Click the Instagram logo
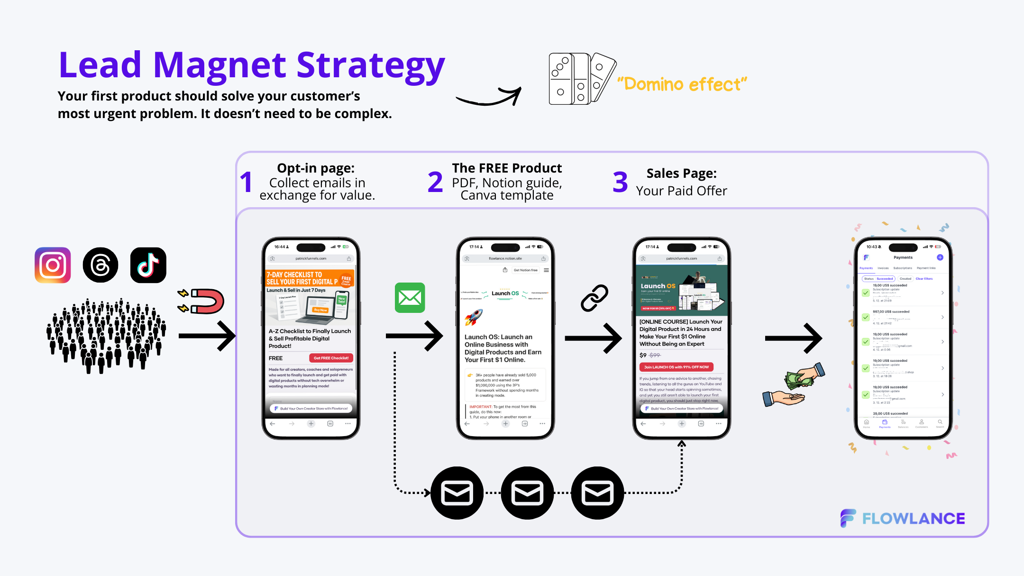[x=53, y=265]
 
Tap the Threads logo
[x=101, y=265]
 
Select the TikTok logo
[x=148, y=265]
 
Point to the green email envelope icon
[x=410, y=298]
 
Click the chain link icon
[x=594, y=298]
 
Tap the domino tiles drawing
[x=581, y=79]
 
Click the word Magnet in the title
[x=219, y=65]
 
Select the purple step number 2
[x=435, y=183]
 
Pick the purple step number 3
[x=620, y=183]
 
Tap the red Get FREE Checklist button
[x=331, y=358]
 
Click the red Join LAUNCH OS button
[x=676, y=367]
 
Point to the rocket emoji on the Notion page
[x=474, y=317]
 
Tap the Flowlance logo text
[x=913, y=519]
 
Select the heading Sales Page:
[x=681, y=174]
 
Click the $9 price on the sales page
[x=643, y=355]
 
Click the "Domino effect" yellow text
[x=682, y=84]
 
